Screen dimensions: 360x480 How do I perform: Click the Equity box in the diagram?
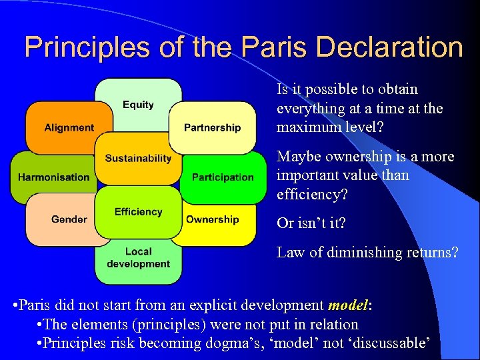(138, 105)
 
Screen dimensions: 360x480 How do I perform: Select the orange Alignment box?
(69, 127)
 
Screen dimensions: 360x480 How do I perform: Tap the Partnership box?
(212, 127)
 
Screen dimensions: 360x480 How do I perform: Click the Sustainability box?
(138, 159)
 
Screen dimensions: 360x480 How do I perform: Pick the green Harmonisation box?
(53, 177)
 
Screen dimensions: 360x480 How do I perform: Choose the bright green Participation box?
(223, 177)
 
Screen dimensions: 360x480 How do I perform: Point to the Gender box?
(69, 219)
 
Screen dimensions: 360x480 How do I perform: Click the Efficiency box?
(138, 212)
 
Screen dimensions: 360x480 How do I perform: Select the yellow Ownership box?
(212, 219)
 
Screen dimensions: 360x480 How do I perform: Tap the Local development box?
(138, 257)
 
